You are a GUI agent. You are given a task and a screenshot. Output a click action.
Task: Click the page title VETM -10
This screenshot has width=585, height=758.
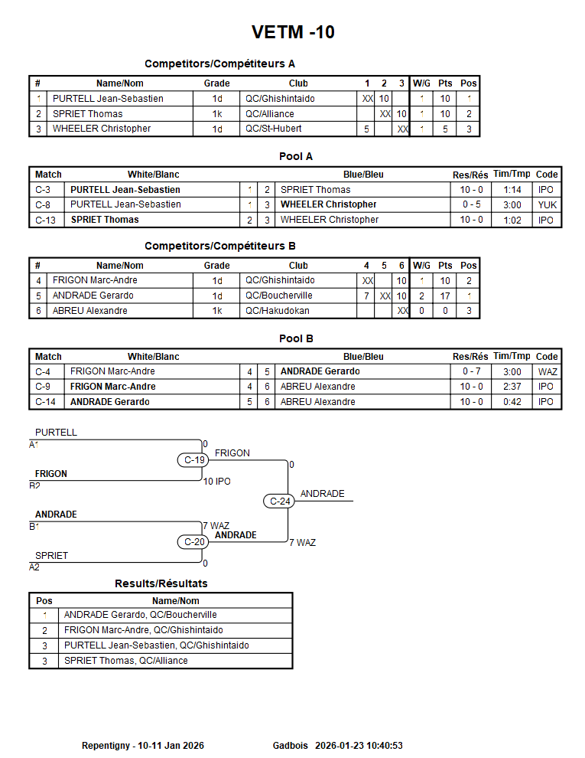[x=293, y=32]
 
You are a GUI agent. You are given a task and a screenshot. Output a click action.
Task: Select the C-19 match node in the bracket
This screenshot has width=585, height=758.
[x=195, y=460]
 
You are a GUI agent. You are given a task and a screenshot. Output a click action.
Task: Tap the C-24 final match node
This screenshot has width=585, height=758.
[x=281, y=502]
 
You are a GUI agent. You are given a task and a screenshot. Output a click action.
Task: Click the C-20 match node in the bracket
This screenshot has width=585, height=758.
[x=195, y=542]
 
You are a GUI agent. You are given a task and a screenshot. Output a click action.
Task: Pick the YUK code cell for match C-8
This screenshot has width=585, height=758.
[x=547, y=204]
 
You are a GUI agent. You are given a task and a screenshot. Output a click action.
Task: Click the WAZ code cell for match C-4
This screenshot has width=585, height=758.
[x=548, y=371]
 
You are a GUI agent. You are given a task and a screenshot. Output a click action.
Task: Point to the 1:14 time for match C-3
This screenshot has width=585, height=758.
[x=512, y=190]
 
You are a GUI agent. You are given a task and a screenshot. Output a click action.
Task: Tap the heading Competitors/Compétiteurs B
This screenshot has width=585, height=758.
[x=219, y=246]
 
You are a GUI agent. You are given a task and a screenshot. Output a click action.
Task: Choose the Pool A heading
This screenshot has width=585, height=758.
[x=296, y=156]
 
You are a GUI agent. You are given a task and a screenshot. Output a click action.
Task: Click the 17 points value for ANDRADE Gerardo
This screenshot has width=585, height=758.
[x=445, y=296]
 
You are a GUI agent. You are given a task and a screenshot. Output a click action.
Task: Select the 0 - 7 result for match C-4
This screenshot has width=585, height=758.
[x=471, y=371]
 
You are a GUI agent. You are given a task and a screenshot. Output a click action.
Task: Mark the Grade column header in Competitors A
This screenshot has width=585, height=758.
[x=216, y=83]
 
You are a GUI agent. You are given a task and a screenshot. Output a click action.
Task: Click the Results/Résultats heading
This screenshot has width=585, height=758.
[x=161, y=583]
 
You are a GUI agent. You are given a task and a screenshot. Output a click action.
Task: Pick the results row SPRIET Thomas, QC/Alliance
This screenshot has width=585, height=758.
[x=125, y=661]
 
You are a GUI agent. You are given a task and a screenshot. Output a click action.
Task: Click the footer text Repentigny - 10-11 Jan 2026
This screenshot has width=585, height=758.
[x=143, y=745]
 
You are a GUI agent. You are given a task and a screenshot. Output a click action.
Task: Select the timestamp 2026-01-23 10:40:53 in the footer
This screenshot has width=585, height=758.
[x=359, y=745]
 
